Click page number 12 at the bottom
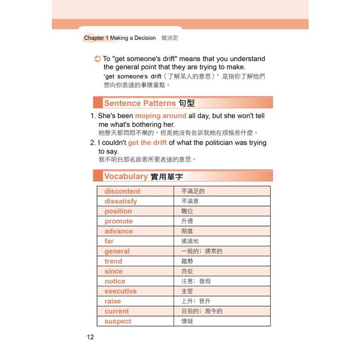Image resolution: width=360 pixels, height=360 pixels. click(x=90, y=336)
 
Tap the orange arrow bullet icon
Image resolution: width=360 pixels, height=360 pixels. click(x=97, y=59)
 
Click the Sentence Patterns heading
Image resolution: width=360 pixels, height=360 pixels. click(x=140, y=103)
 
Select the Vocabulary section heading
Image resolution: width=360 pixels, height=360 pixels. click(x=126, y=176)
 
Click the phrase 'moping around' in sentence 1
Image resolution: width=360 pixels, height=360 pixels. click(x=160, y=116)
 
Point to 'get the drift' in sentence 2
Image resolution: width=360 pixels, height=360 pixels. click(x=147, y=143)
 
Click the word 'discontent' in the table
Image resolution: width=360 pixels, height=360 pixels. click(x=122, y=191)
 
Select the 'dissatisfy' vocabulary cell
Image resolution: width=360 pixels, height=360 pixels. click(x=120, y=201)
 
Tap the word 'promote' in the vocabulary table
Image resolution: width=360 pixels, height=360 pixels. click(x=119, y=221)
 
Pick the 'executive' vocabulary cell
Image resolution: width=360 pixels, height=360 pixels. click(x=120, y=291)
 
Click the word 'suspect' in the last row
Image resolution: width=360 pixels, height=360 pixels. click(x=118, y=321)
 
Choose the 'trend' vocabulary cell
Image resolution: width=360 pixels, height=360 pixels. click(x=113, y=261)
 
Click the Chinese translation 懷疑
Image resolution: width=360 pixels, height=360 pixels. click(x=187, y=321)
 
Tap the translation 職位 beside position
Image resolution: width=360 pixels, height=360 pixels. click(x=187, y=211)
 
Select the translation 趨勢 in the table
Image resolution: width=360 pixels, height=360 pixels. click(x=187, y=261)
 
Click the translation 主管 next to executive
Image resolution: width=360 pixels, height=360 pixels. click(x=187, y=291)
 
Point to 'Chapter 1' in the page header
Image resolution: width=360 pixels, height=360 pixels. click(x=96, y=38)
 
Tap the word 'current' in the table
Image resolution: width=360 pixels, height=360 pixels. click(x=117, y=311)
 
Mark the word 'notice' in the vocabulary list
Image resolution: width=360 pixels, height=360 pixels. click(x=115, y=281)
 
